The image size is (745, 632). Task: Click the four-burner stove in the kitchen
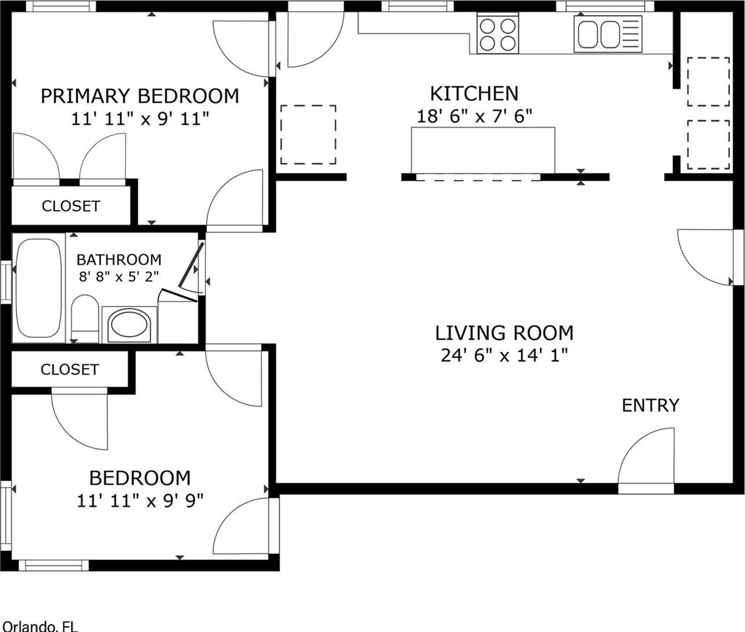(x=498, y=34)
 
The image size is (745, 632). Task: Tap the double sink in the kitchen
(x=608, y=34)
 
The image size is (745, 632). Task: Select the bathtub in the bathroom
(x=39, y=288)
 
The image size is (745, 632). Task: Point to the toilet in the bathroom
(x=85, y=319)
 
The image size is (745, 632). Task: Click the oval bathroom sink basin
(x=130, y=324)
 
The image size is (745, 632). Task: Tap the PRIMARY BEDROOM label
(x=140, y=96)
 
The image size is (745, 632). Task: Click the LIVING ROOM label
(x=504, y=333)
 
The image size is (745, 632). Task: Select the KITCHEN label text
(x=474, y=93)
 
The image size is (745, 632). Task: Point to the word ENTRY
(x=651, y=406)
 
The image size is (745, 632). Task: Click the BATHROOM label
(x=119, y=259)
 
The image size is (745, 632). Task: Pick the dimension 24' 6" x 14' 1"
(x=504, y=355)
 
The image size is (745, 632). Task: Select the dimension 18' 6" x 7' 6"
(x=474, y=116)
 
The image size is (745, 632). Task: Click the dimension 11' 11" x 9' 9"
(x=140, y=501)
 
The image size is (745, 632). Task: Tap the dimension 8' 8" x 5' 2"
(x=119, y=276)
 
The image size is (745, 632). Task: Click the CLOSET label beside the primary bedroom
(x=71, y=206)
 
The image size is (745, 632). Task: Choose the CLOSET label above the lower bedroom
(x=70, y=370)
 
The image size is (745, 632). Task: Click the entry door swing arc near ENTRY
(x=635, y=445)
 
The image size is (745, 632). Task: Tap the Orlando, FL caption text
(x=40, y=627)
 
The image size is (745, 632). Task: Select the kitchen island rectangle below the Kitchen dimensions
(x=483, y=150)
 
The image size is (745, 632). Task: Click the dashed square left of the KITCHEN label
(x=308, y=135)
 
